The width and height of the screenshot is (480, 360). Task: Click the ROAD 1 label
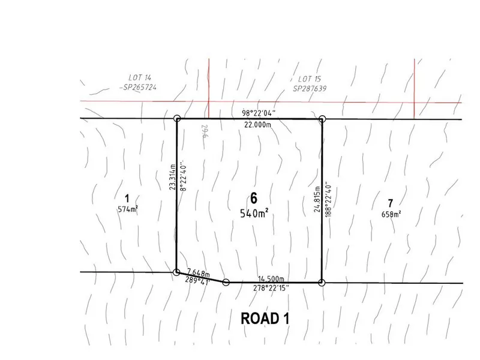(265, 319)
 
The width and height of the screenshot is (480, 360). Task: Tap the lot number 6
(254, 199)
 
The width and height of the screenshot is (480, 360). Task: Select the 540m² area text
(254, 213)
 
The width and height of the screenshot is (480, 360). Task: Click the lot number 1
(127, 198)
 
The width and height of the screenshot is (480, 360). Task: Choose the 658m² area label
(391, 214)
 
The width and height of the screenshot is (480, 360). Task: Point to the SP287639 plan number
(311, 88)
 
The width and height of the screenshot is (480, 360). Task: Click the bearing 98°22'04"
(259, 113)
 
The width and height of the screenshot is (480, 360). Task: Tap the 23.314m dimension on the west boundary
(172, 178)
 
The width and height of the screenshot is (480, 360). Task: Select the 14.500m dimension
(272, 278)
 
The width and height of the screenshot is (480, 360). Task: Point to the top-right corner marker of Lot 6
(322, 119)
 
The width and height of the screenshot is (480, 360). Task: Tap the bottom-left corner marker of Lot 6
(176, 272)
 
